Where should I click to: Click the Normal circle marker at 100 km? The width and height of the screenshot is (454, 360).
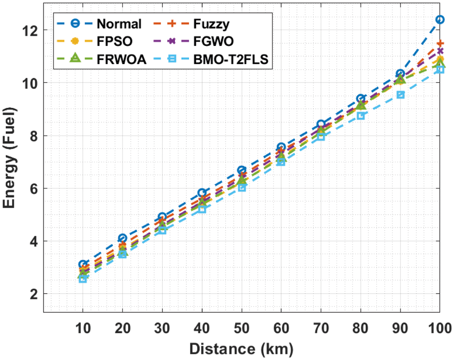pos(440,20)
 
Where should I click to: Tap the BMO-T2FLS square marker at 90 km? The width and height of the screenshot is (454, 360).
pos(400,95)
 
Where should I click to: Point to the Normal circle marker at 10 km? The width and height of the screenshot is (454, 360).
pos(83,265)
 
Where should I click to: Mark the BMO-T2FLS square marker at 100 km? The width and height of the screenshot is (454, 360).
pos(440,70)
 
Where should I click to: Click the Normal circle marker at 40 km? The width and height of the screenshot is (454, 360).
pos(202,193)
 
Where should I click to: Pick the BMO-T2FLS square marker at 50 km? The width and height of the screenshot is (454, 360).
pos(242,188)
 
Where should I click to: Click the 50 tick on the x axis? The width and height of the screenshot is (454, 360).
pos(242,328)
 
